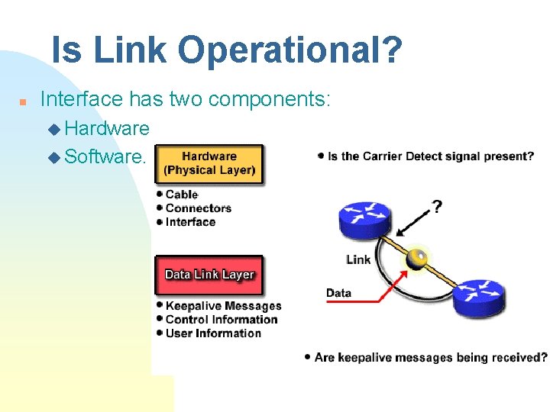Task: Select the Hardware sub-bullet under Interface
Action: point(107,128)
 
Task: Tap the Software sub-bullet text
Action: point(105,156)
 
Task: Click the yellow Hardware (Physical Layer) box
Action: point(209,163)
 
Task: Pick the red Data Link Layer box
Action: point(209,275)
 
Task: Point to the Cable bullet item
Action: point(181,195)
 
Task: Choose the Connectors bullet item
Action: point(198,208)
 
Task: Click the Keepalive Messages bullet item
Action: point(222,306)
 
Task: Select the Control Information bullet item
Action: point(221,320)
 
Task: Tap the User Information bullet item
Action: point(212,333)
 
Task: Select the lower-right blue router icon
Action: point(479,297)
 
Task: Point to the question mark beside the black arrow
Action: point(436,207)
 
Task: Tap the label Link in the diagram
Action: point(357,259)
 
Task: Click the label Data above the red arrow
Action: point(338,293)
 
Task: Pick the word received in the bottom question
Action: point(519,357)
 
